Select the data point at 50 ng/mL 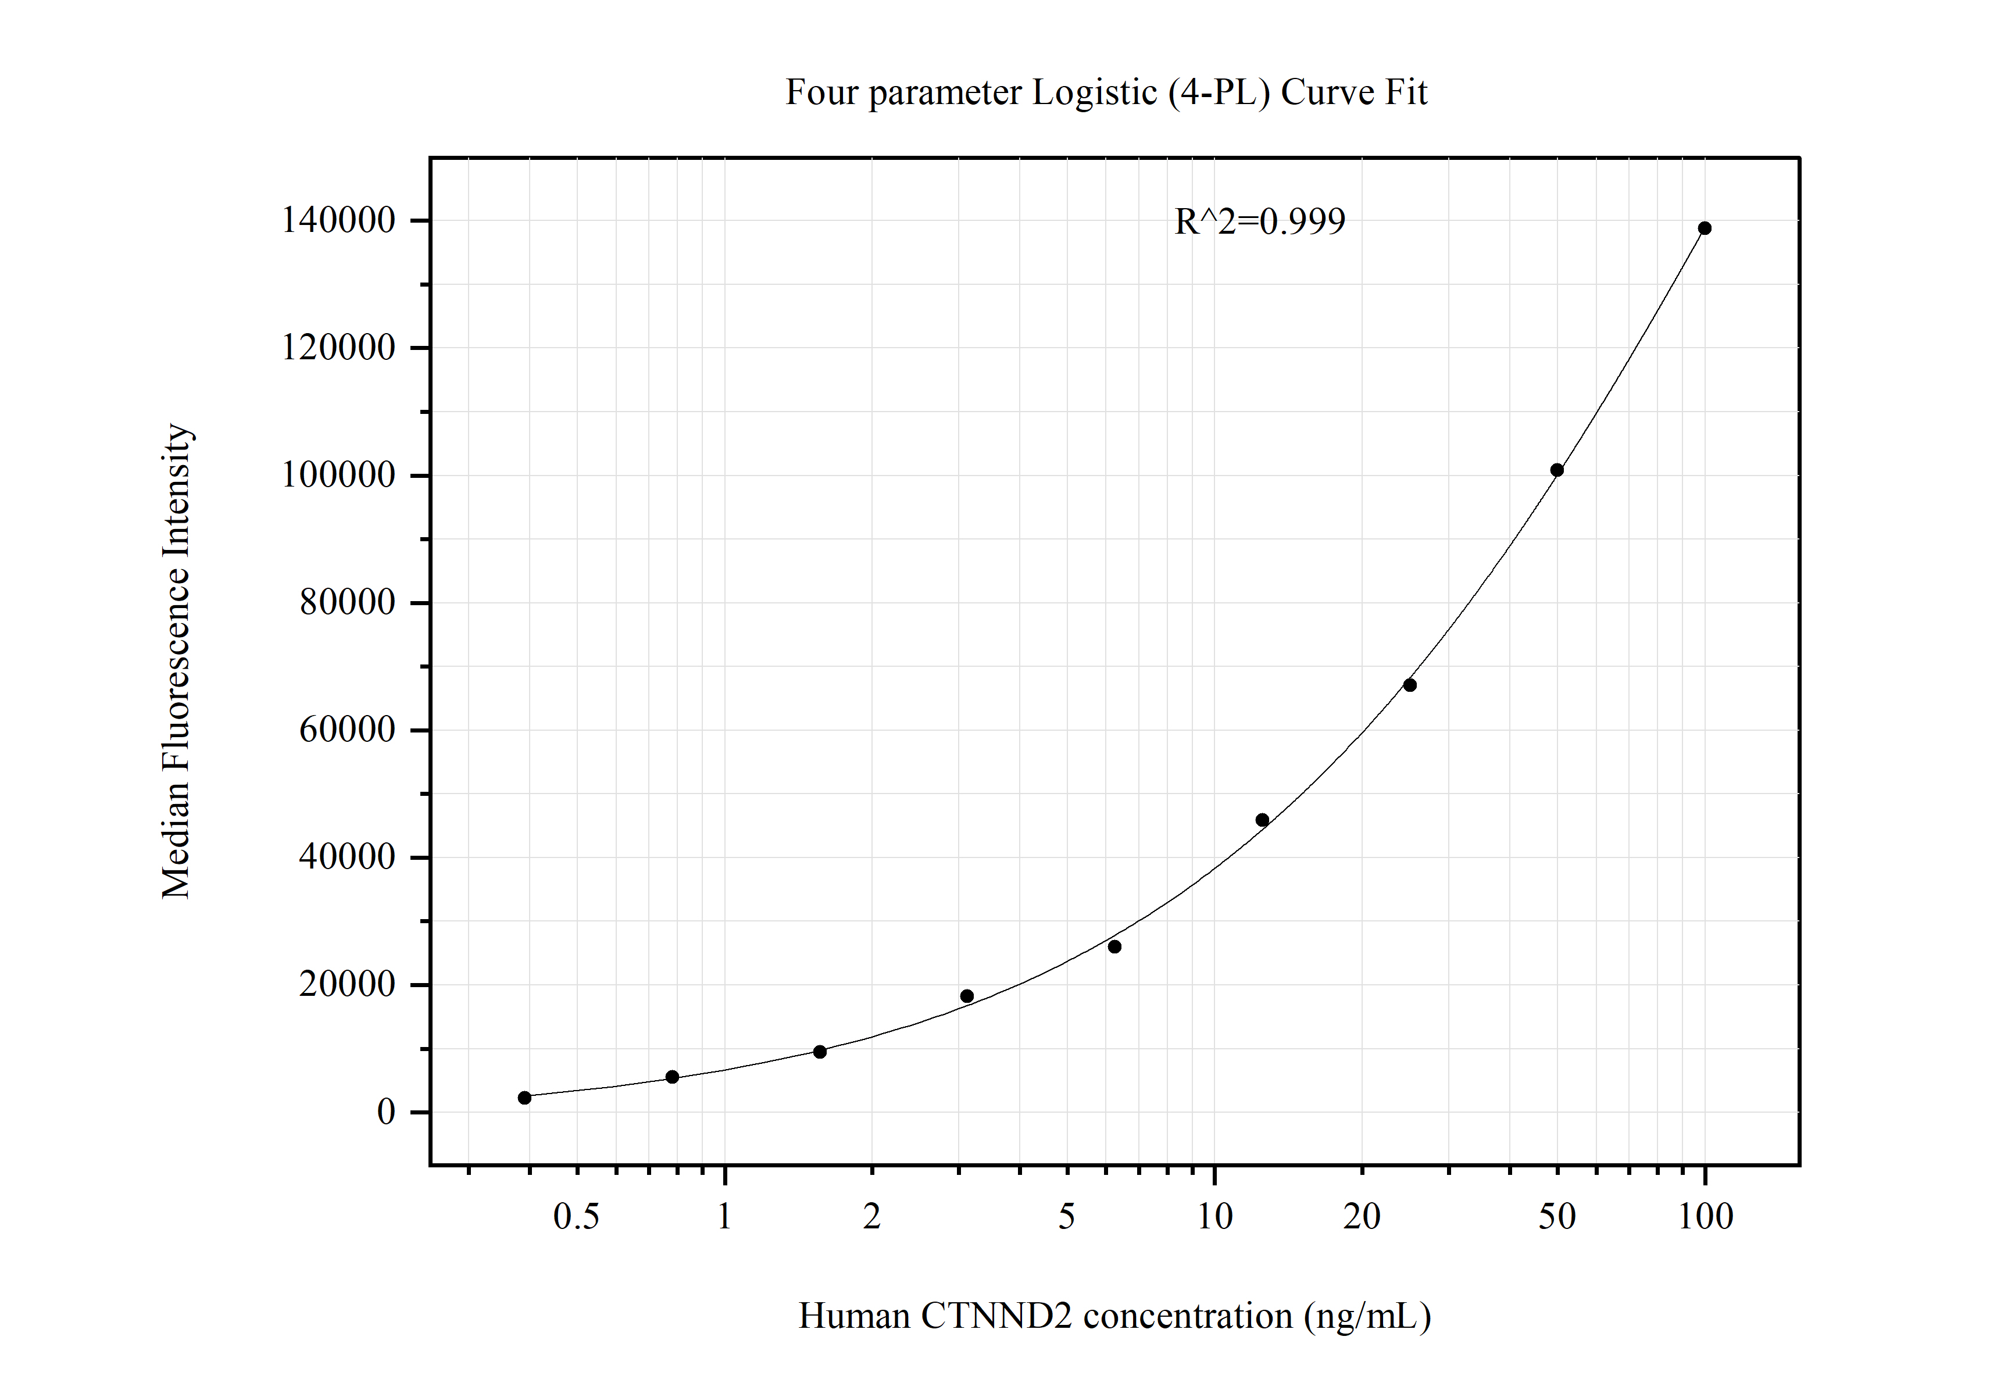[x=1557, y=470]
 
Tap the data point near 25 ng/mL [x=1409, y=685]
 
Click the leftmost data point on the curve [x=524, y=1098]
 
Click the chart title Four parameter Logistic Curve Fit [x=1106, y=92]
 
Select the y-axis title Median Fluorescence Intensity [x=176, y=661]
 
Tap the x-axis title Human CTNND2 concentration [x=1114, y=1316]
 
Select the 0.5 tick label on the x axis [x=576, y=1217]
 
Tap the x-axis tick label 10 [x=1214, y=1217]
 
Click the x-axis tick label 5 [x=1066, y=1217]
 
